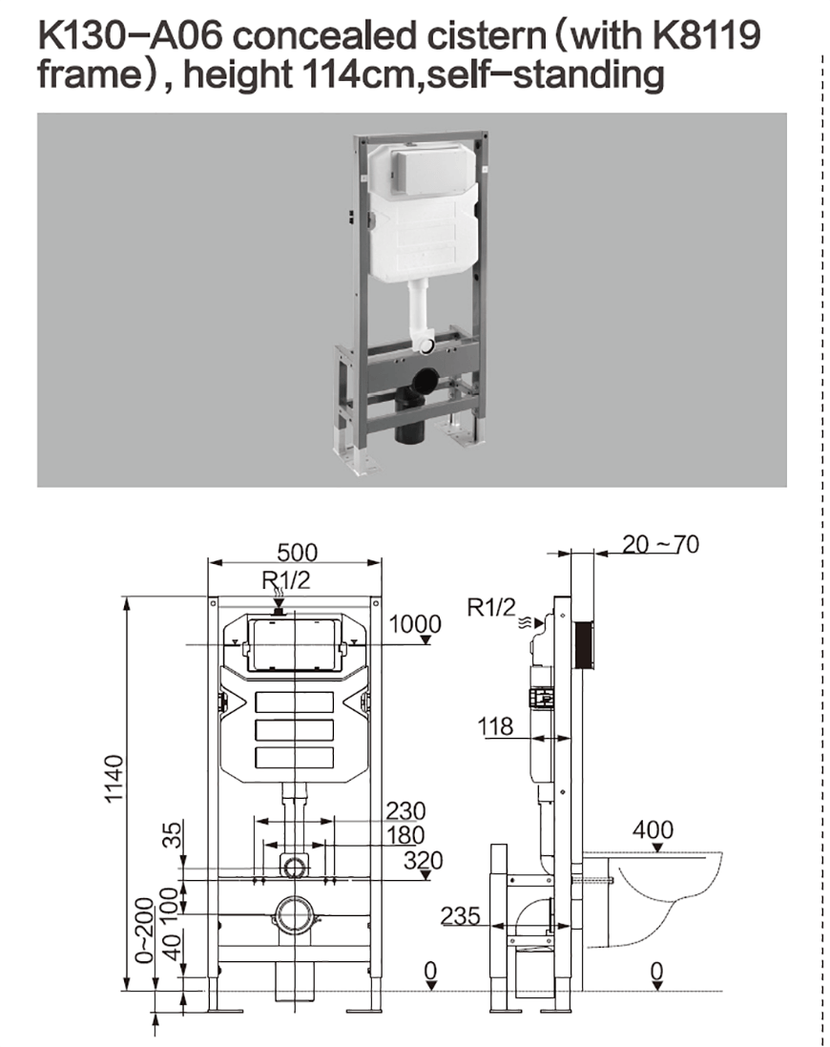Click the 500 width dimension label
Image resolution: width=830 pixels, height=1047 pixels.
(297, 553)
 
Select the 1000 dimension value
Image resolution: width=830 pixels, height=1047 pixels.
(415, 624)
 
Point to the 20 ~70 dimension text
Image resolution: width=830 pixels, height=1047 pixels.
(660, 544)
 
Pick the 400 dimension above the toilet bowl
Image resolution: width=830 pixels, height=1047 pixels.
(653, 829)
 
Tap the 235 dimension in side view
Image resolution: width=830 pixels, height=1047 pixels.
(460, 915)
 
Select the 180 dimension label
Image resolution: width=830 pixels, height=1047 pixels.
(405, 836)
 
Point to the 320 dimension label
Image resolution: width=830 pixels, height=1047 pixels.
(423, 860)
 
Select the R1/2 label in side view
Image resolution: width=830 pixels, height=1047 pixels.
(491, 606)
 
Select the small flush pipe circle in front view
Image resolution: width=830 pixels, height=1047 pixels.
(294, 866)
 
